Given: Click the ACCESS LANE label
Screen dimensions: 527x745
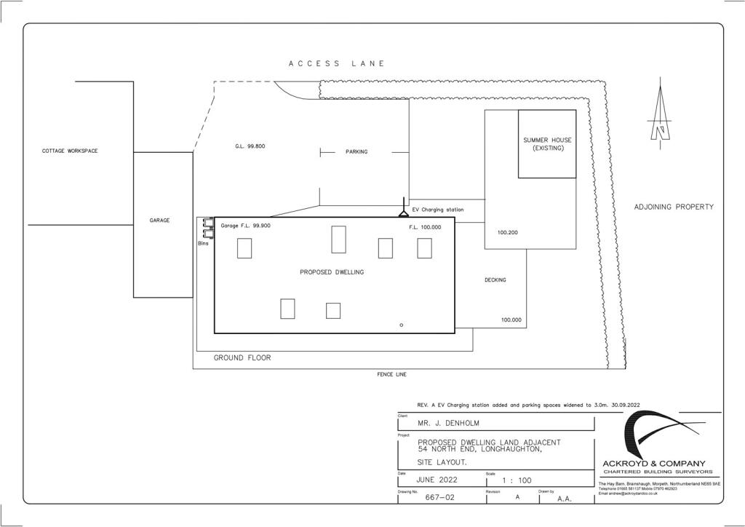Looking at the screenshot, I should (336, 64).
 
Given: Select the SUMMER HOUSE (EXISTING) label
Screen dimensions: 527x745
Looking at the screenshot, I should (547, 143).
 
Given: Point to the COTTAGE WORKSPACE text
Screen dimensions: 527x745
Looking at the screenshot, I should (70, 151).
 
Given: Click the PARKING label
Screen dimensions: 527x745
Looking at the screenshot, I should (356, 152).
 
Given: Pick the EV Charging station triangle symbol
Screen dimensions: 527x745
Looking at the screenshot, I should (402, 213).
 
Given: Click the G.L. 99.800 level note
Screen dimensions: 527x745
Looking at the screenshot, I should (250, 146).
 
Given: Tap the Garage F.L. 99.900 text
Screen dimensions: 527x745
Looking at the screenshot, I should (246, 226).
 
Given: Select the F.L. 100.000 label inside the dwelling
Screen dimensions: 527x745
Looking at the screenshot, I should (425, 227).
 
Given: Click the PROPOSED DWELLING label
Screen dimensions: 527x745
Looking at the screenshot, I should (332, 272).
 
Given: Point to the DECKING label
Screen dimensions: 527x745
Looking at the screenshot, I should (495, 280).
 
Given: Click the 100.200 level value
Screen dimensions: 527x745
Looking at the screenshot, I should (508, 234).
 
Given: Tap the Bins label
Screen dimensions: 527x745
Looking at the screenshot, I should (203, 244).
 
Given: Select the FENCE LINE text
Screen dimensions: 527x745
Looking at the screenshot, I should (391, 375).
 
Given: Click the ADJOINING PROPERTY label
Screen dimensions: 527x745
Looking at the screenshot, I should (674, 207).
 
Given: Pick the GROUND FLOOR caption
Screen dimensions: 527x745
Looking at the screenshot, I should (242, 358).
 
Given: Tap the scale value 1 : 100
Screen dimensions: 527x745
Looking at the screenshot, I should (517, 480).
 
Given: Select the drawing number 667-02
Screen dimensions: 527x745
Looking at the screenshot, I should (441, 499).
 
